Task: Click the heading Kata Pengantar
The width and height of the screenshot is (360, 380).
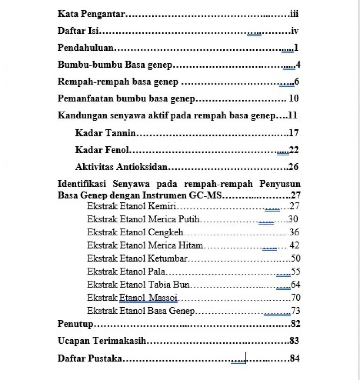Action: (x=91, y=14)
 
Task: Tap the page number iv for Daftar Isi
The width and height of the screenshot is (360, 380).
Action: (x=294, y=31)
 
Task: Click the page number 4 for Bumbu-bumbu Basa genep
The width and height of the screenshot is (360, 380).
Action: (x=298, y=65)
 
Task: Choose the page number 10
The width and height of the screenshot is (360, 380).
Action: (x=293, y=99)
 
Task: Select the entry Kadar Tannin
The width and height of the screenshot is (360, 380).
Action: (x=105, y=133)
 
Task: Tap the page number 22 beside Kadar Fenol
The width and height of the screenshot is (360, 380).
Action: (x=294, y=150)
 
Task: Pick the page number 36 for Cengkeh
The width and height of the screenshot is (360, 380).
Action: (x=294, y=232)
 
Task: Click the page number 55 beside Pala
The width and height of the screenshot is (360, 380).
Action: (x=296, y=271)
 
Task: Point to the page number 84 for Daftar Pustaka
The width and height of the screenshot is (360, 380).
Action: (x=294, y=358)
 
